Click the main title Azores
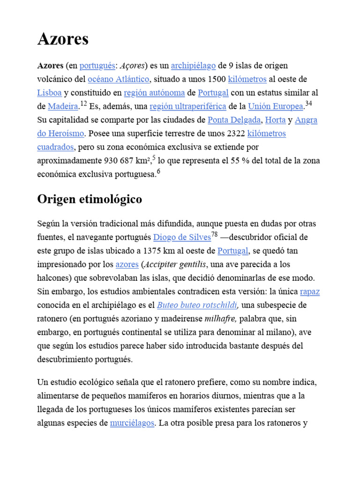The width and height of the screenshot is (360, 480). pos(63,39)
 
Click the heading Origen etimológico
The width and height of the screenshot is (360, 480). pos(90,199)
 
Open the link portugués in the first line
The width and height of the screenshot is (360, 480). pos(97,65)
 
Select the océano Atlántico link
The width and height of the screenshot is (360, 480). pos(119,79)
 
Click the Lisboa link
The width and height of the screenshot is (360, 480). pos(49,92)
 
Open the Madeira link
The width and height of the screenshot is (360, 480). pos(63,106)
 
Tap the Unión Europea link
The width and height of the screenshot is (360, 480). pos(276,106)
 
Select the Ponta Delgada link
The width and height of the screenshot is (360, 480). pos(234,120)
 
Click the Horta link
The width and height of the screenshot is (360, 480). pos(275,120)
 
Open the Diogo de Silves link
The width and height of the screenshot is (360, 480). pos(182,237)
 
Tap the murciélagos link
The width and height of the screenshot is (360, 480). pos(132,423)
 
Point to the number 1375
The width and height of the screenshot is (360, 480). pos(156,251)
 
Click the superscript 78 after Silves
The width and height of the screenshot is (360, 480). pos(215,234)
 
